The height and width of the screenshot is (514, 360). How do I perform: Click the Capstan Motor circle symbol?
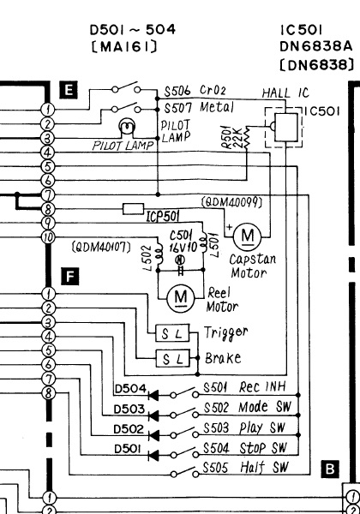[x=247, y=236]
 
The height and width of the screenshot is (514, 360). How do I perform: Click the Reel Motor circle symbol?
[x=181, y=298]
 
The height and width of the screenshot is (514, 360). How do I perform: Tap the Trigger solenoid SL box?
[x=172, y=333]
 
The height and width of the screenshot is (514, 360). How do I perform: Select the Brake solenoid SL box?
[x=173, y=358]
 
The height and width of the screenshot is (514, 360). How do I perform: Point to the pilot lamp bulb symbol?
[x=128, y=126]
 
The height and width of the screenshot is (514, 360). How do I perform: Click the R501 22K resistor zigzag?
[x=246, y=138]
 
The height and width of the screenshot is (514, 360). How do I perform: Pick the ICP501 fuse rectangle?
[x=134, y=209]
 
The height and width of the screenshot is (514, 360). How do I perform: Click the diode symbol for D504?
[x=153, y=395]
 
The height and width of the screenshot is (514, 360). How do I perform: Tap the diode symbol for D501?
[x=153, y=455]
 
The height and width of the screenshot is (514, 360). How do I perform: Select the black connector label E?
[x=69, y=89]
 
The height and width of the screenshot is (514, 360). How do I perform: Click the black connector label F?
[x=69, y=276]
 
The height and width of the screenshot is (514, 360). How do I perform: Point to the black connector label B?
[x=330, y=469]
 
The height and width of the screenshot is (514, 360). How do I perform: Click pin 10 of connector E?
[x=48, y=237]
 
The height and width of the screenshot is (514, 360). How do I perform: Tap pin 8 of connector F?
[x=48, y=392]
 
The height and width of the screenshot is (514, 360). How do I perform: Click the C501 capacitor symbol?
[x=180, y=270]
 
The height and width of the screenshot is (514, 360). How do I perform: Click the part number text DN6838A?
[x=315, y=46]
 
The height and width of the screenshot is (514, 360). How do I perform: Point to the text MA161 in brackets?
[x=124, y=47]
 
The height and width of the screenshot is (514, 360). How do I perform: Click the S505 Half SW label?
[x=245, y=468]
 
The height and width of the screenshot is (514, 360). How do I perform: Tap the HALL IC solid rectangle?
[x=286, y=127]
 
